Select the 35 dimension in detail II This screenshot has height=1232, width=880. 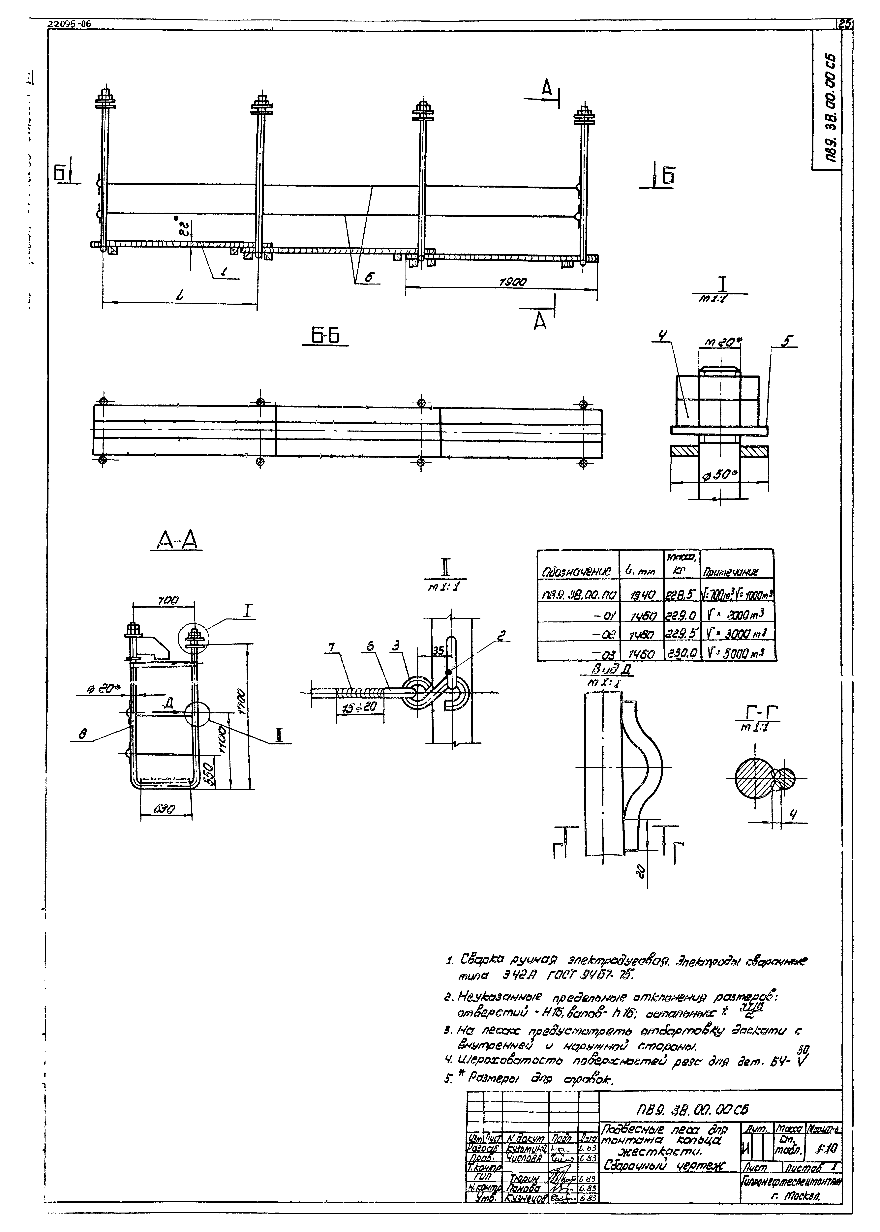[x=438, y=650]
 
